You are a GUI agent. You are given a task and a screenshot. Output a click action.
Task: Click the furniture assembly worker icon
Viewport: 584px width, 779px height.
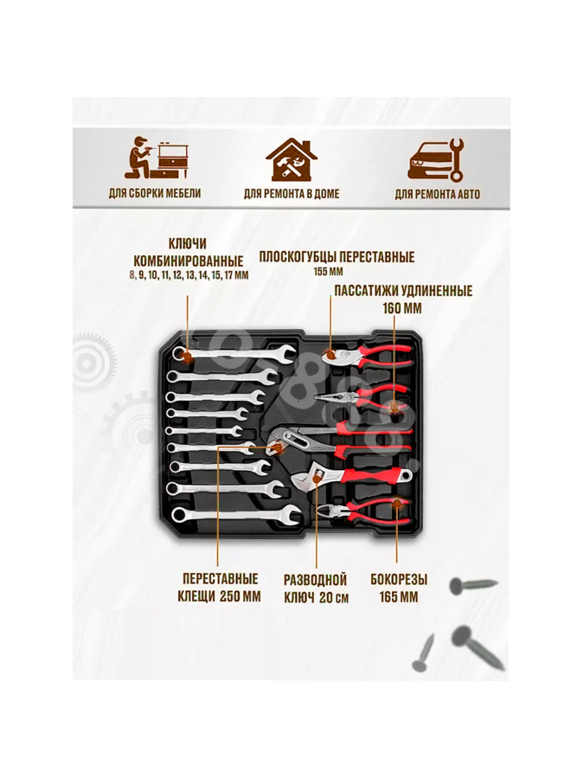point(156,158)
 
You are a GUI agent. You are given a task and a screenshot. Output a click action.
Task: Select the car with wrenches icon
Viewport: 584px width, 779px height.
point(435,159)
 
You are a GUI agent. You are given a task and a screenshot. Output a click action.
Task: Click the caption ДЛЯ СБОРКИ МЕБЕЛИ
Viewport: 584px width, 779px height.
point(155,193)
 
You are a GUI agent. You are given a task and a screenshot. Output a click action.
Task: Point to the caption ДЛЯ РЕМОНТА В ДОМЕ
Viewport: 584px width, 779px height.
point(292,194)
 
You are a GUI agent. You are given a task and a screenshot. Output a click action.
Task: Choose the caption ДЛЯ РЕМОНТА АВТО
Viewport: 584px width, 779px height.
point(438,194)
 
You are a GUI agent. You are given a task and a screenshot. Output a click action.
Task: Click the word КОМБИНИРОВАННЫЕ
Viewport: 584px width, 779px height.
point(189,261)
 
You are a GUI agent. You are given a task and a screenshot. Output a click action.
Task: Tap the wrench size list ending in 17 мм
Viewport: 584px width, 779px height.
point(189,274)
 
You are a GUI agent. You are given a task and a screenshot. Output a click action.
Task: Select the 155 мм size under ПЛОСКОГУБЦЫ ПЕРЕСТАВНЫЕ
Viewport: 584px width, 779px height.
point(328,272)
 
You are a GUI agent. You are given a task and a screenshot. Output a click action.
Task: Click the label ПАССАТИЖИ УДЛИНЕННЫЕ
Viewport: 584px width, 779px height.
point(403,290)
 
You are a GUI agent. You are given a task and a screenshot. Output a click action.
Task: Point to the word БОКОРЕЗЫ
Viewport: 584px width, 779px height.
point(399,579)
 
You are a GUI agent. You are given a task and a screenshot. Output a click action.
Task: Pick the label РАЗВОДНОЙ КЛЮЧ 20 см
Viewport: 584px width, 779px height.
point(316,589)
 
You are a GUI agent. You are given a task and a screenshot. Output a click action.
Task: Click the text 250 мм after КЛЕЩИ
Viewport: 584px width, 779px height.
point(241,596)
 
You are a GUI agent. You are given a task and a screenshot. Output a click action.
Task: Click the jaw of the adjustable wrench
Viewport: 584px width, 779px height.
point(305,477)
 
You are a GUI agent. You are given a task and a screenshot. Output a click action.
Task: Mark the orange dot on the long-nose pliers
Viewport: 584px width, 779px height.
point(394,407)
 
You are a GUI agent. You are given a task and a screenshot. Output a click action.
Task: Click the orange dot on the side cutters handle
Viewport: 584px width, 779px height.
point(397,505)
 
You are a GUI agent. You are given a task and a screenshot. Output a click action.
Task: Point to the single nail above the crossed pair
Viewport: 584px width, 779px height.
point(473,585)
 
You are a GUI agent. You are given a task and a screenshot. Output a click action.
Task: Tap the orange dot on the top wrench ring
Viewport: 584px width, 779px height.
point(186,356)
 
